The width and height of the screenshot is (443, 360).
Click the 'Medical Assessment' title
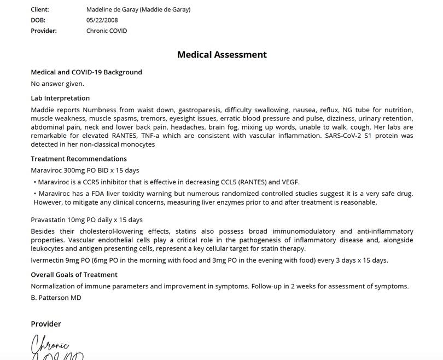[221, 55]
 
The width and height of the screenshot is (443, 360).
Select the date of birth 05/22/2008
[102, 20]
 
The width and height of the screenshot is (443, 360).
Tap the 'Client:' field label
[40, 9]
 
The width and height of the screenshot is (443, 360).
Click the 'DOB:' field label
[38, 20]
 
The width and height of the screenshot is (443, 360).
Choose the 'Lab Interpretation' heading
[60, 98]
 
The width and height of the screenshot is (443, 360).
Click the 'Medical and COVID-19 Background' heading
[86, 72]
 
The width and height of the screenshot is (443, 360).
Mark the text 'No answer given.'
[57, 84]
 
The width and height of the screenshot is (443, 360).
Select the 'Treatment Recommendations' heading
[79, 159]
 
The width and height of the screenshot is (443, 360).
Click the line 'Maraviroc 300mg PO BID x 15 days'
[85, 170]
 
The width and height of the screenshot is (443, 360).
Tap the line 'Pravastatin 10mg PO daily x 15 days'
[86, 220]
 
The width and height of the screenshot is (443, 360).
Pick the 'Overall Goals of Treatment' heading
[74, 275]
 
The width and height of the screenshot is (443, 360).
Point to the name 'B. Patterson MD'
[56, 298]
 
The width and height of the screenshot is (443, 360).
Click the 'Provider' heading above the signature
[46, 324]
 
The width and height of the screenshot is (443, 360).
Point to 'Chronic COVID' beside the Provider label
[107, 31]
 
